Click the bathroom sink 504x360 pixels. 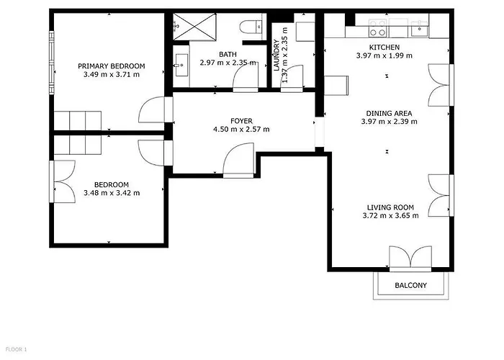pos(179,64)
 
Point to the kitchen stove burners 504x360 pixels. pos(377,29)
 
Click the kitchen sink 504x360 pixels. pos(418,30)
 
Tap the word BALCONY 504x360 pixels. pos(410,286)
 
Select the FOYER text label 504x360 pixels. pos(241,120)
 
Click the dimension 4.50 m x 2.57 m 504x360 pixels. pos(241,130)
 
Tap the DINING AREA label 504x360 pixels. pos(389,112)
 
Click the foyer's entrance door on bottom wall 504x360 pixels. pos(238,161)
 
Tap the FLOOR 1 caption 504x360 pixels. pos(15,350)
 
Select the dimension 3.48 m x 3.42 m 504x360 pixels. pos(112,193)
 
